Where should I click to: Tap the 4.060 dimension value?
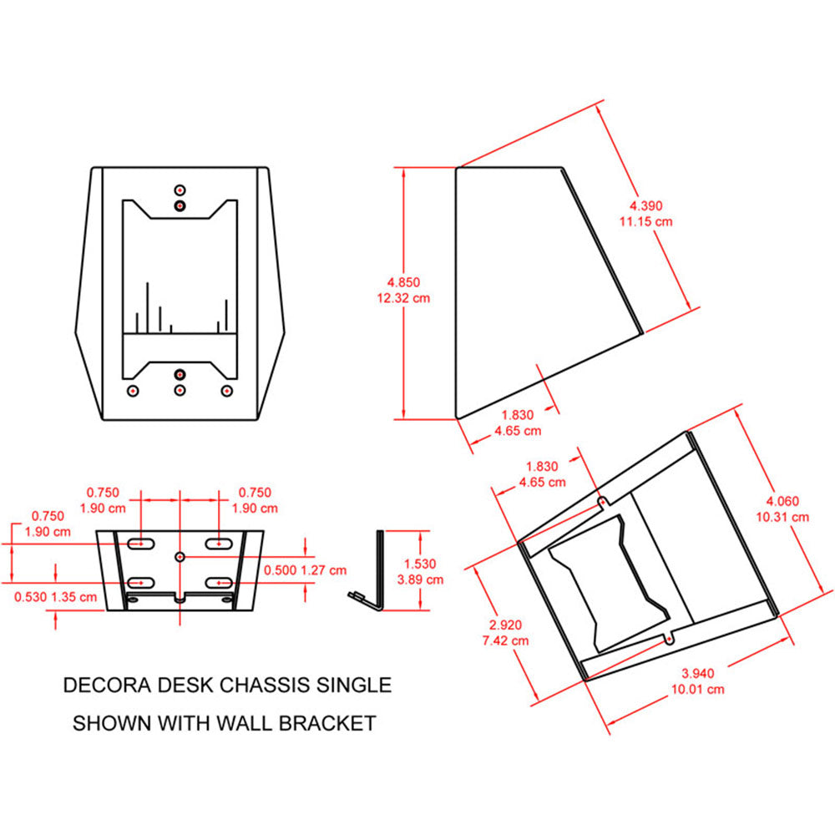click(782, 502)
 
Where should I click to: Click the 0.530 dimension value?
click(32, 596)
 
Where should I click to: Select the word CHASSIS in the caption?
click(267, 686)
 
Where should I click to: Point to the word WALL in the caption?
click(244, 723)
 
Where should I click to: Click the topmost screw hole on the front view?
click(180, 189)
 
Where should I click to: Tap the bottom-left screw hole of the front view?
click(132, 390)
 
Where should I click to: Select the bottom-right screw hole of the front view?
click(225, 390)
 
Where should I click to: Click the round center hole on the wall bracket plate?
click(180, 555)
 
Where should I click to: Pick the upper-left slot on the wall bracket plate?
click(140, 544)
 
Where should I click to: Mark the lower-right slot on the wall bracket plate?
click(220, 581)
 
